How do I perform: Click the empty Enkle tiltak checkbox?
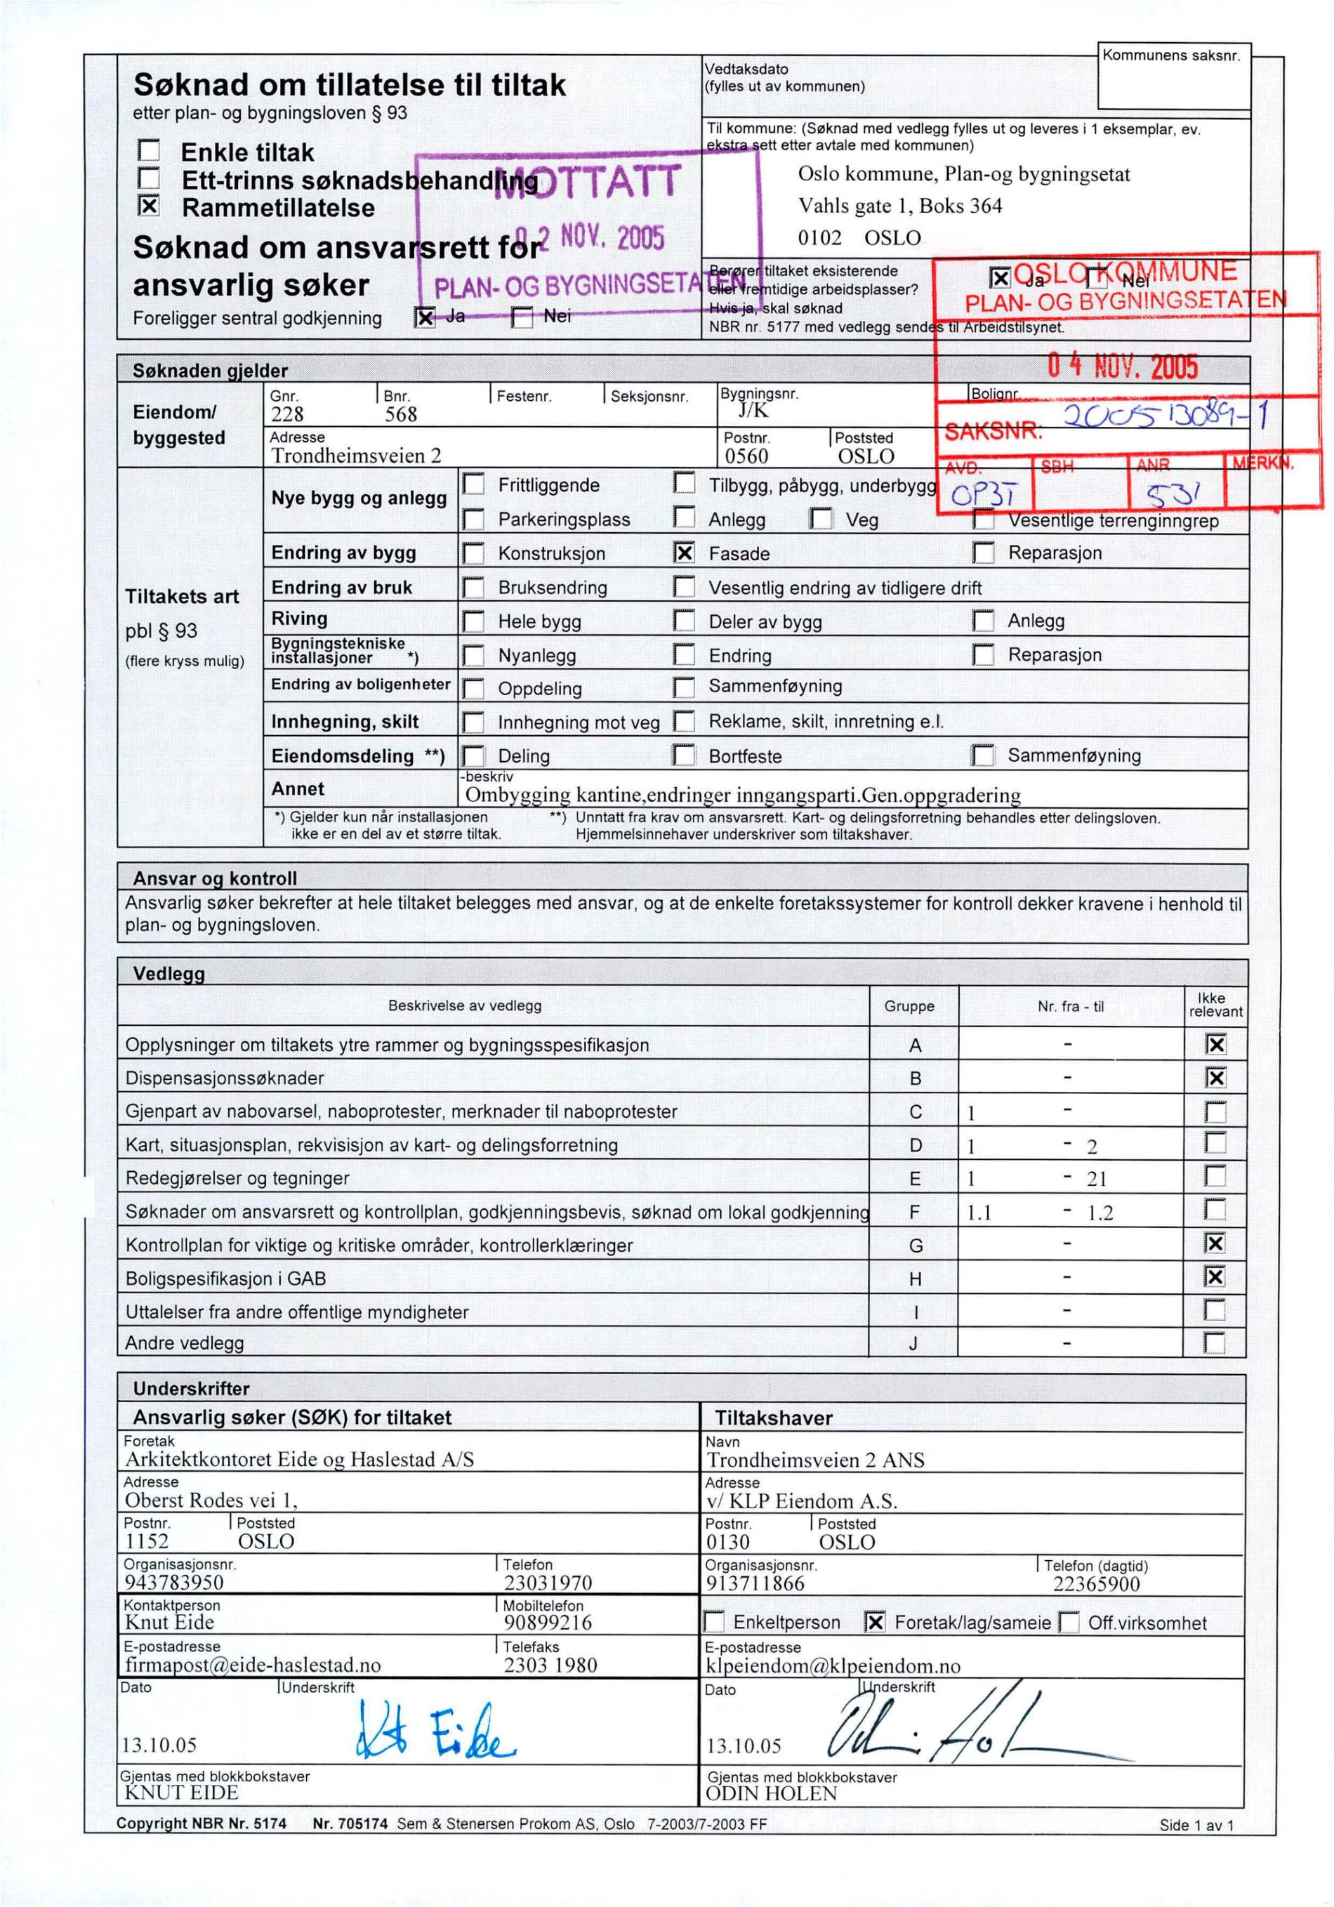click(x=148, y=150)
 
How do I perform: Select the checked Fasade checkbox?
click(x=684, y=553)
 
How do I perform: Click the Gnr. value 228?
click(x=287, y=414)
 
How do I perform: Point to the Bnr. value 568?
click(x=400, y=414)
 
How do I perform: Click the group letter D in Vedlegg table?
click(x=915, y=1145)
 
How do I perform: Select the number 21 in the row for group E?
click(x=1097, y=1179)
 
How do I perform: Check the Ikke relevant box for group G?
click(x=1215, y=1243)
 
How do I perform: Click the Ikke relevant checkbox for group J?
click(x=1215, y=1342)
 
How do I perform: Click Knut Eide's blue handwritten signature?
click(x=436, y=1730)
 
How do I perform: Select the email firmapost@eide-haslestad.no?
click(x=253, y=1665)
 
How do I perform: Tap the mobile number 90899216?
click(x=548, y=1622)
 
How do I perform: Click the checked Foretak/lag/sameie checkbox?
click(x=875, y=1621)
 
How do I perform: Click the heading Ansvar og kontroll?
click(x=214, y=878)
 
